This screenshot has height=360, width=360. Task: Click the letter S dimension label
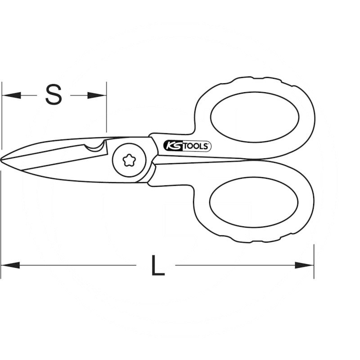(54, 95)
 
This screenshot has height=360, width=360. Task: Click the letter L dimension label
(157, 265)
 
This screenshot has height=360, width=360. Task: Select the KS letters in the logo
(172, 146)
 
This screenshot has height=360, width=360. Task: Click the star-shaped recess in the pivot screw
(130, 159)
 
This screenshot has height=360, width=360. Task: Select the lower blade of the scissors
(67, 173)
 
